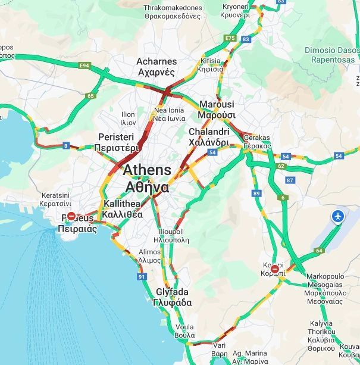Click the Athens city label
pyautogui.click(x=146, y=178)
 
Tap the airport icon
pyautogui.click(x=339, y=216)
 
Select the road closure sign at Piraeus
pyautogui.click(x=71, y=217)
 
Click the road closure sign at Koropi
pyautogui.click(x=275, y=270)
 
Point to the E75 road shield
pyautogui.click(x=230, y=39)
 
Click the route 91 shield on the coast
pyautogui.click(x=141, y=277)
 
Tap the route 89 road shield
pyautogui.click(x=256, y=194)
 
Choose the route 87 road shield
pyautogui.click(x=290, y=180)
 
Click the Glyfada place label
pyautogui.click(x=172, y=297)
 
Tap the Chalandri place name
pyautogui.click(x=208, y=137)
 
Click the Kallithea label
pyautogui.click(x=122, y=209)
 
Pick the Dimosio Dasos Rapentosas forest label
pyautogui.click(x=330, y=55)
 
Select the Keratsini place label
pyautogui.click(x=56, y=199)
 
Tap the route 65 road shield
pyautogui.click(x=90, y=95)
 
